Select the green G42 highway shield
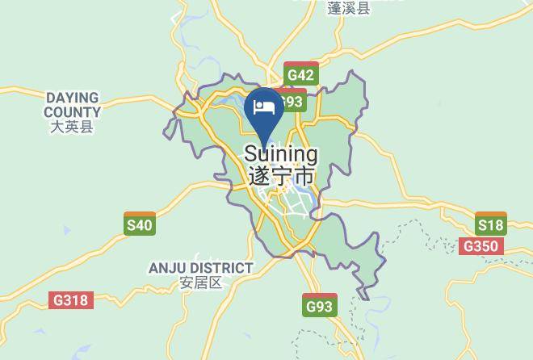tap(300, 75)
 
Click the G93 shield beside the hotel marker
tap(292, 102)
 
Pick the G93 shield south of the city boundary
tap(319, 306)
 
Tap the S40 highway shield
tap(139, 224)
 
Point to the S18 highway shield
tap(490, 225)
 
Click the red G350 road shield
tap(481, 246)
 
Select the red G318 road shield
tap(71, 299)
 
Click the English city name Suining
tap(280, 153)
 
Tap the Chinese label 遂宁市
tap(280, 175)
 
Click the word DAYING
tap(72, 98)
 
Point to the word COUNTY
tap(72, 112)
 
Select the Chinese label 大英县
tap(72, 127)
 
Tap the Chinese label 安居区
tap(200, 283)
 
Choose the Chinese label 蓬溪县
tap(349, 9)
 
